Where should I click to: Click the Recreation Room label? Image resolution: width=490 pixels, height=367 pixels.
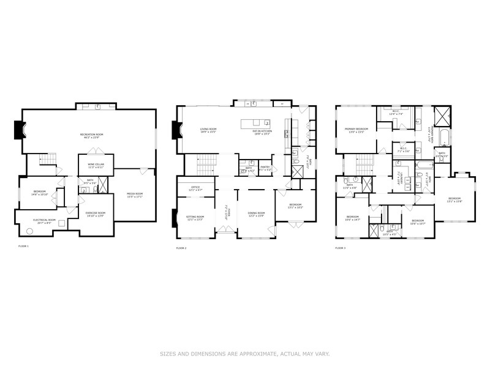(91, 136)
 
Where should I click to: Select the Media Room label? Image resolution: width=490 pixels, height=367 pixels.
(134, 195)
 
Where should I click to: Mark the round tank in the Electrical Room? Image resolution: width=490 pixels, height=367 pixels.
(29, 231)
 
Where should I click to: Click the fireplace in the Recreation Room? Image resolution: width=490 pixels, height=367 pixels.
(18, 130)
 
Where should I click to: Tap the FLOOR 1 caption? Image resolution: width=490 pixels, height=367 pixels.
(23, 247)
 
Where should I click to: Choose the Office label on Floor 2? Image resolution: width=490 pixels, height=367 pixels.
(195, 188)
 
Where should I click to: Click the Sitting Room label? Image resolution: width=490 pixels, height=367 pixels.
(195, 218)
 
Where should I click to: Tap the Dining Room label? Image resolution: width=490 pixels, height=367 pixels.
(255, 214)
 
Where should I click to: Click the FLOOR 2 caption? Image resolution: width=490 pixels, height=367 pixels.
(181, 248)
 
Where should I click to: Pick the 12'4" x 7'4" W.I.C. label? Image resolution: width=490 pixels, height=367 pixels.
(396, 113)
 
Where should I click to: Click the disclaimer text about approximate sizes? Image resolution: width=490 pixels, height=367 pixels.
(245, 353)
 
